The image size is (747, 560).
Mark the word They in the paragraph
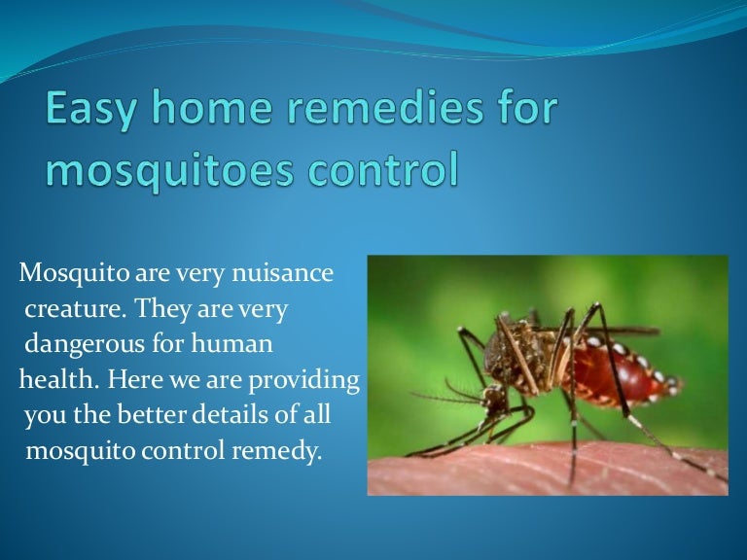[162, 309]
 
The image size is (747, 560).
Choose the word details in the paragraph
[242, 416]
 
